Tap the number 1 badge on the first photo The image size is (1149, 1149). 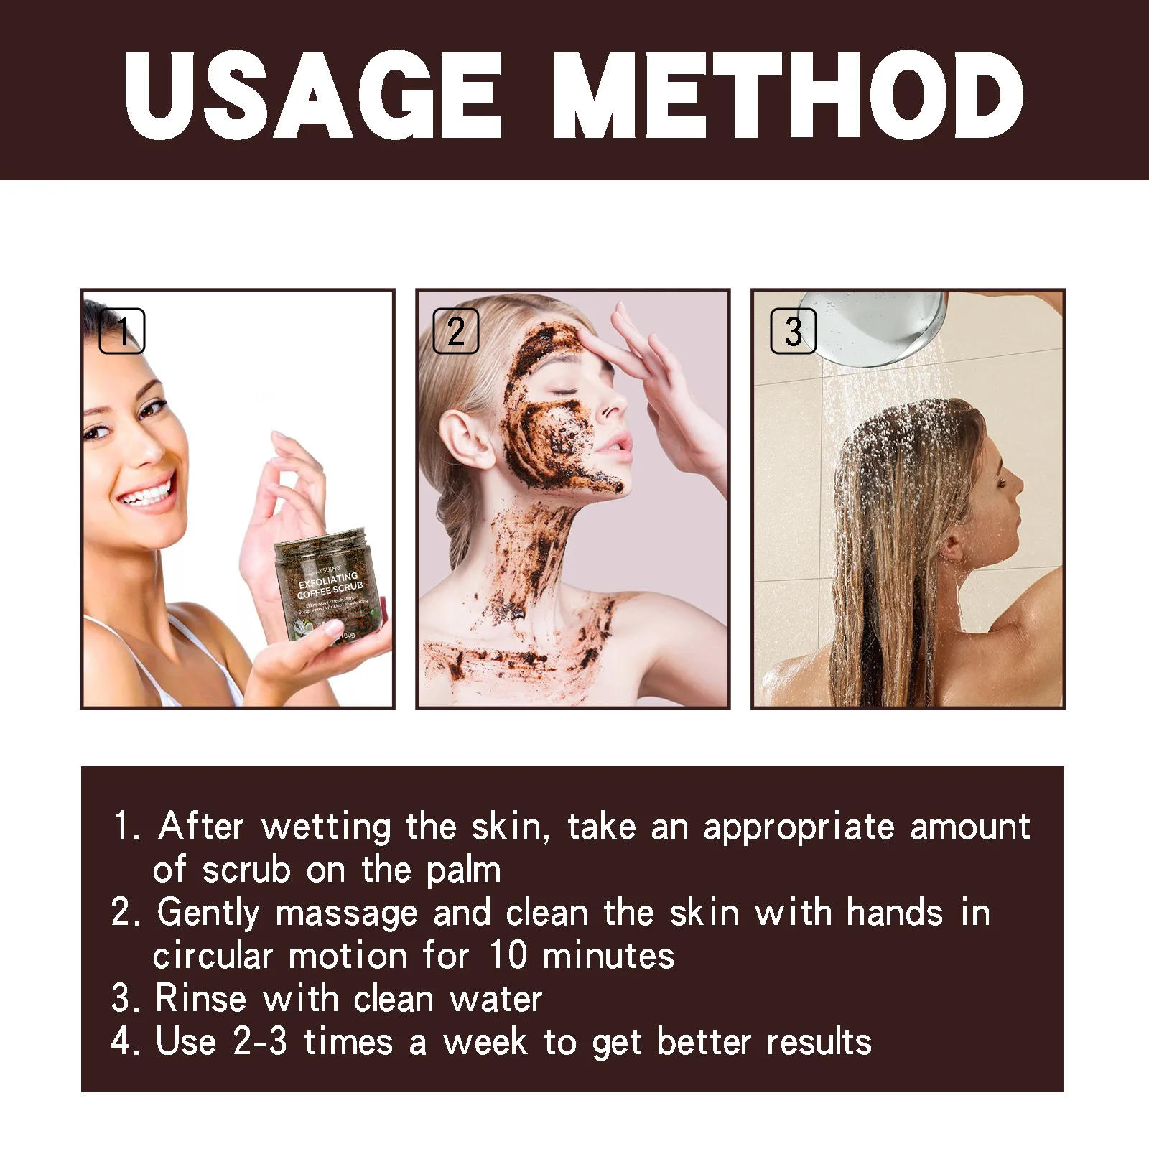[x=122, y=331]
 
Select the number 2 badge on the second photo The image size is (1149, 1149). [x=456, y=331]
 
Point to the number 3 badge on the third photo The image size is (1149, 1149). [x=793, y=331]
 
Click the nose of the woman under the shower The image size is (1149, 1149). [x=1018, y=483]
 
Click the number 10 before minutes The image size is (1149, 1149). [x=508, y=956]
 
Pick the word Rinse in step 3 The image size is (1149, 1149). [x=200, y=999]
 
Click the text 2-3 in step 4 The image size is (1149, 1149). [x=260, y=1041]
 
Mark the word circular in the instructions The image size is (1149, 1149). [x=213, y=957]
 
